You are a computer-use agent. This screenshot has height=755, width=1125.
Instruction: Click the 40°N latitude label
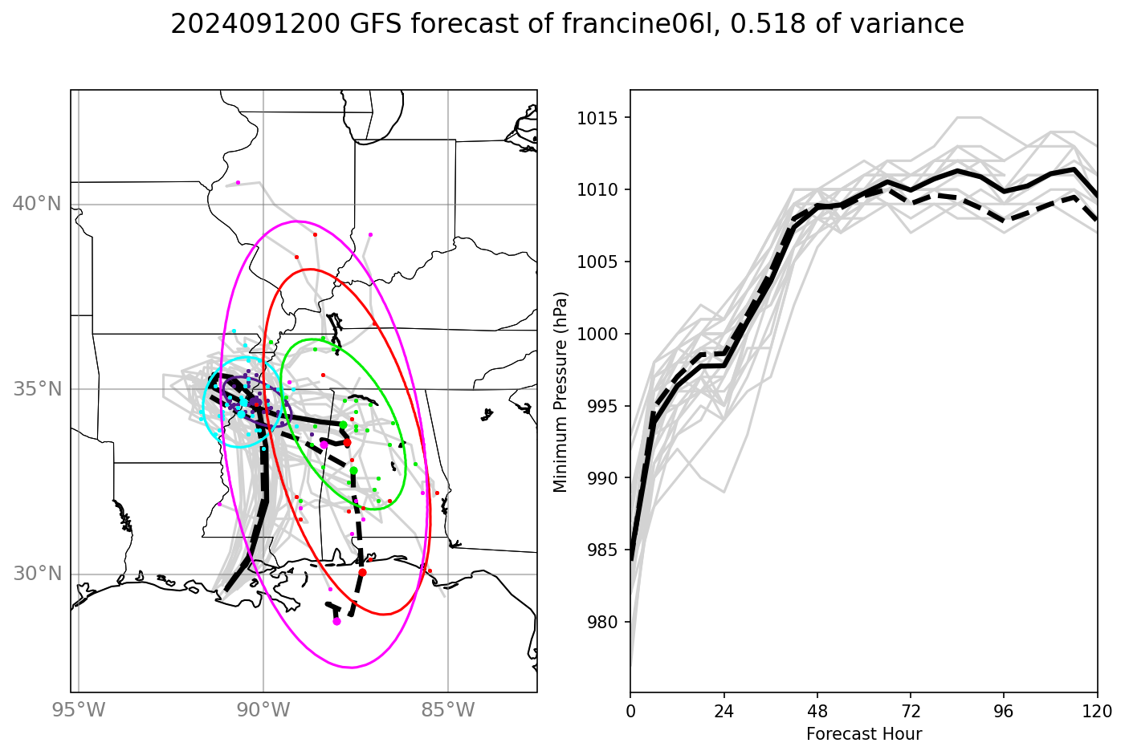click(x=37, y=204)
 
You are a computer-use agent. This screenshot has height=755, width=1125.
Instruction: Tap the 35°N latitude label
click(x=37, y=389)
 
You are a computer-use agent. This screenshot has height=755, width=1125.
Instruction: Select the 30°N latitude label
click(x=37, y=574)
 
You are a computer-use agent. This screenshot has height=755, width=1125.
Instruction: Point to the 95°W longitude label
click(x=79, y=710)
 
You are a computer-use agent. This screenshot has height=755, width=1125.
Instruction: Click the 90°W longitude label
click(x=263, y=710)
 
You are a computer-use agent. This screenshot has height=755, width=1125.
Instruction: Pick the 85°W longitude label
click(x=448, y=710)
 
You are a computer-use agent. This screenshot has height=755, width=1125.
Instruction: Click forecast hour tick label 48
click(x=817, y=711)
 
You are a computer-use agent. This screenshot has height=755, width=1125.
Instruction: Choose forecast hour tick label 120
click(x=1097, y=711)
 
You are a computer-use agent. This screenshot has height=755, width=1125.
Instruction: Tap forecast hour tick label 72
click(x=911, y=711)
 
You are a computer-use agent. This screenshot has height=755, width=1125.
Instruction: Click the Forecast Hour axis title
click(x=864, y=734)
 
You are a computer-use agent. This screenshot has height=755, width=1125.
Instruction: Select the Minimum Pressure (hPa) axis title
click(x=560, y=392)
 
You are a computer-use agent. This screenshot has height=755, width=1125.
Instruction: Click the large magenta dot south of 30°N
click(x=336, y=621)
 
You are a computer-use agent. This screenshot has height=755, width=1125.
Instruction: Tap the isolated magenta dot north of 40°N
click(x=238, y=183)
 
